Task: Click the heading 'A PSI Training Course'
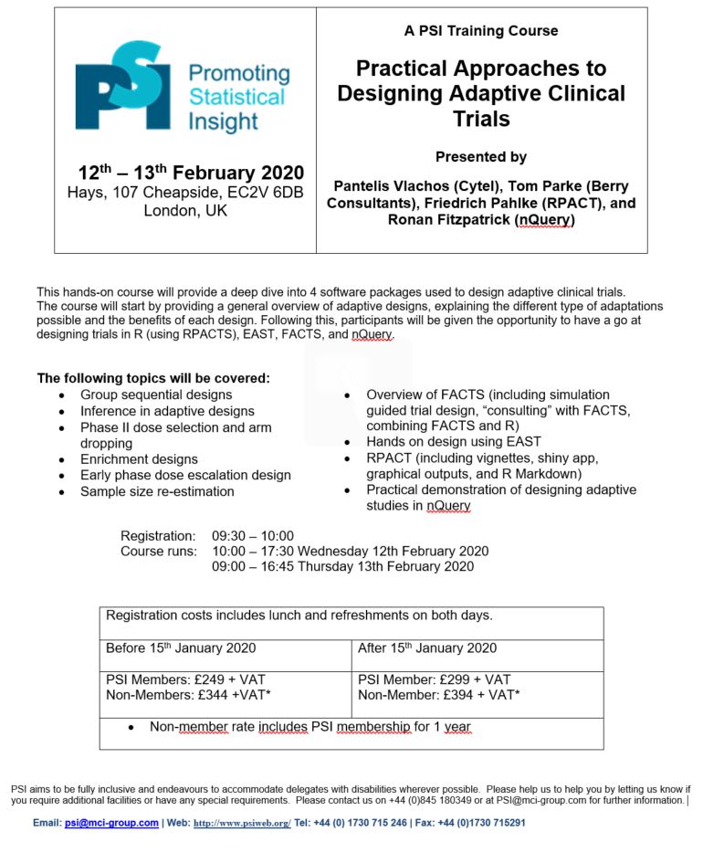click(481, 31)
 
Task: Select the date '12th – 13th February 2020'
click(191, 174)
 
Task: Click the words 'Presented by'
click(481, 157)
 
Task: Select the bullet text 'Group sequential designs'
click(156, 395)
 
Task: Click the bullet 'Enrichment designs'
click(139, 459)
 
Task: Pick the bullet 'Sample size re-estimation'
click(157, 491)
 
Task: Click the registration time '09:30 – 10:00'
click(253, 536)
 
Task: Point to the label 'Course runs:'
click(159, 552)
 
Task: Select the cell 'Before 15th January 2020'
click(181, 648)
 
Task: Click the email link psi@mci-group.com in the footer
click(111, 823)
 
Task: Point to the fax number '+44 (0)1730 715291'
click(480, 823)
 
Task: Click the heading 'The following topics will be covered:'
click(153, 378)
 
